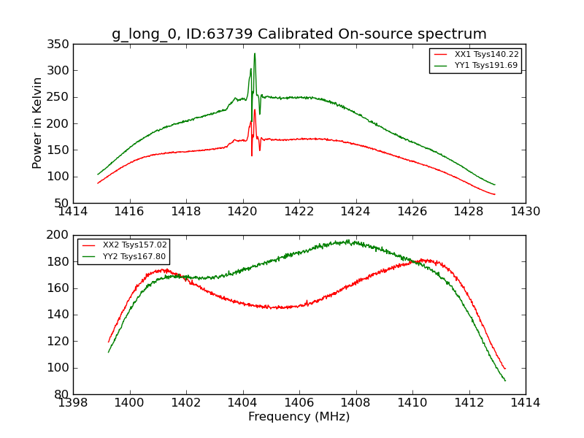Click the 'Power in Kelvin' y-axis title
click(37, 123)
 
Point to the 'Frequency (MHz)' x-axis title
click(299, 417)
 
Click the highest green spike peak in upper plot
click(255, 53)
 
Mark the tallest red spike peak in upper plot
click(255, 110)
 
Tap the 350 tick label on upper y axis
click(61, 45)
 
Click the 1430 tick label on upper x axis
click(525, 211)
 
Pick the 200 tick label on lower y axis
click(61, 235)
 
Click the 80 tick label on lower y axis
click(65, 394)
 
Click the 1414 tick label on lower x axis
click(525, 402)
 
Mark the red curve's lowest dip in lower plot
click(276, 308)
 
